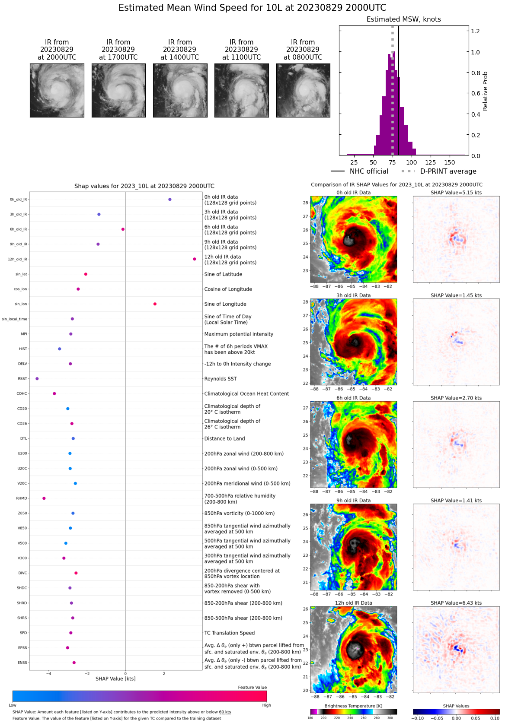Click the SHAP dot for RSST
pos(37,379)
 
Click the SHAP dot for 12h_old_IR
pos(195,259)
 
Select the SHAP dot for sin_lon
pos(155,304)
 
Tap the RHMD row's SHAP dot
pos(44,498)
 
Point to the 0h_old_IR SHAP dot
pos(170,200)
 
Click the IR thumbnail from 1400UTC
pos(180,90)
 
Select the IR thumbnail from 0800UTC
pos(303,90)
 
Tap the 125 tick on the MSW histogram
pos(430,162)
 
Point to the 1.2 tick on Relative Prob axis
pos(475,31)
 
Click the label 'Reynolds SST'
pos(221,379)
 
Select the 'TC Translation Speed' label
pos(230,633)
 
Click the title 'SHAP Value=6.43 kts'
pos(456,603)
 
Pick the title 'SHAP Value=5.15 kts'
pos(456,193)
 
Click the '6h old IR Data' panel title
pos(354,398)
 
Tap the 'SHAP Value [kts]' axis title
pos(115,679)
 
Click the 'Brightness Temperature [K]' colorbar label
pos(354,706)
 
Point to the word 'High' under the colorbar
pos(266,705)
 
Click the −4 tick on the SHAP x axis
pos(49,674)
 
